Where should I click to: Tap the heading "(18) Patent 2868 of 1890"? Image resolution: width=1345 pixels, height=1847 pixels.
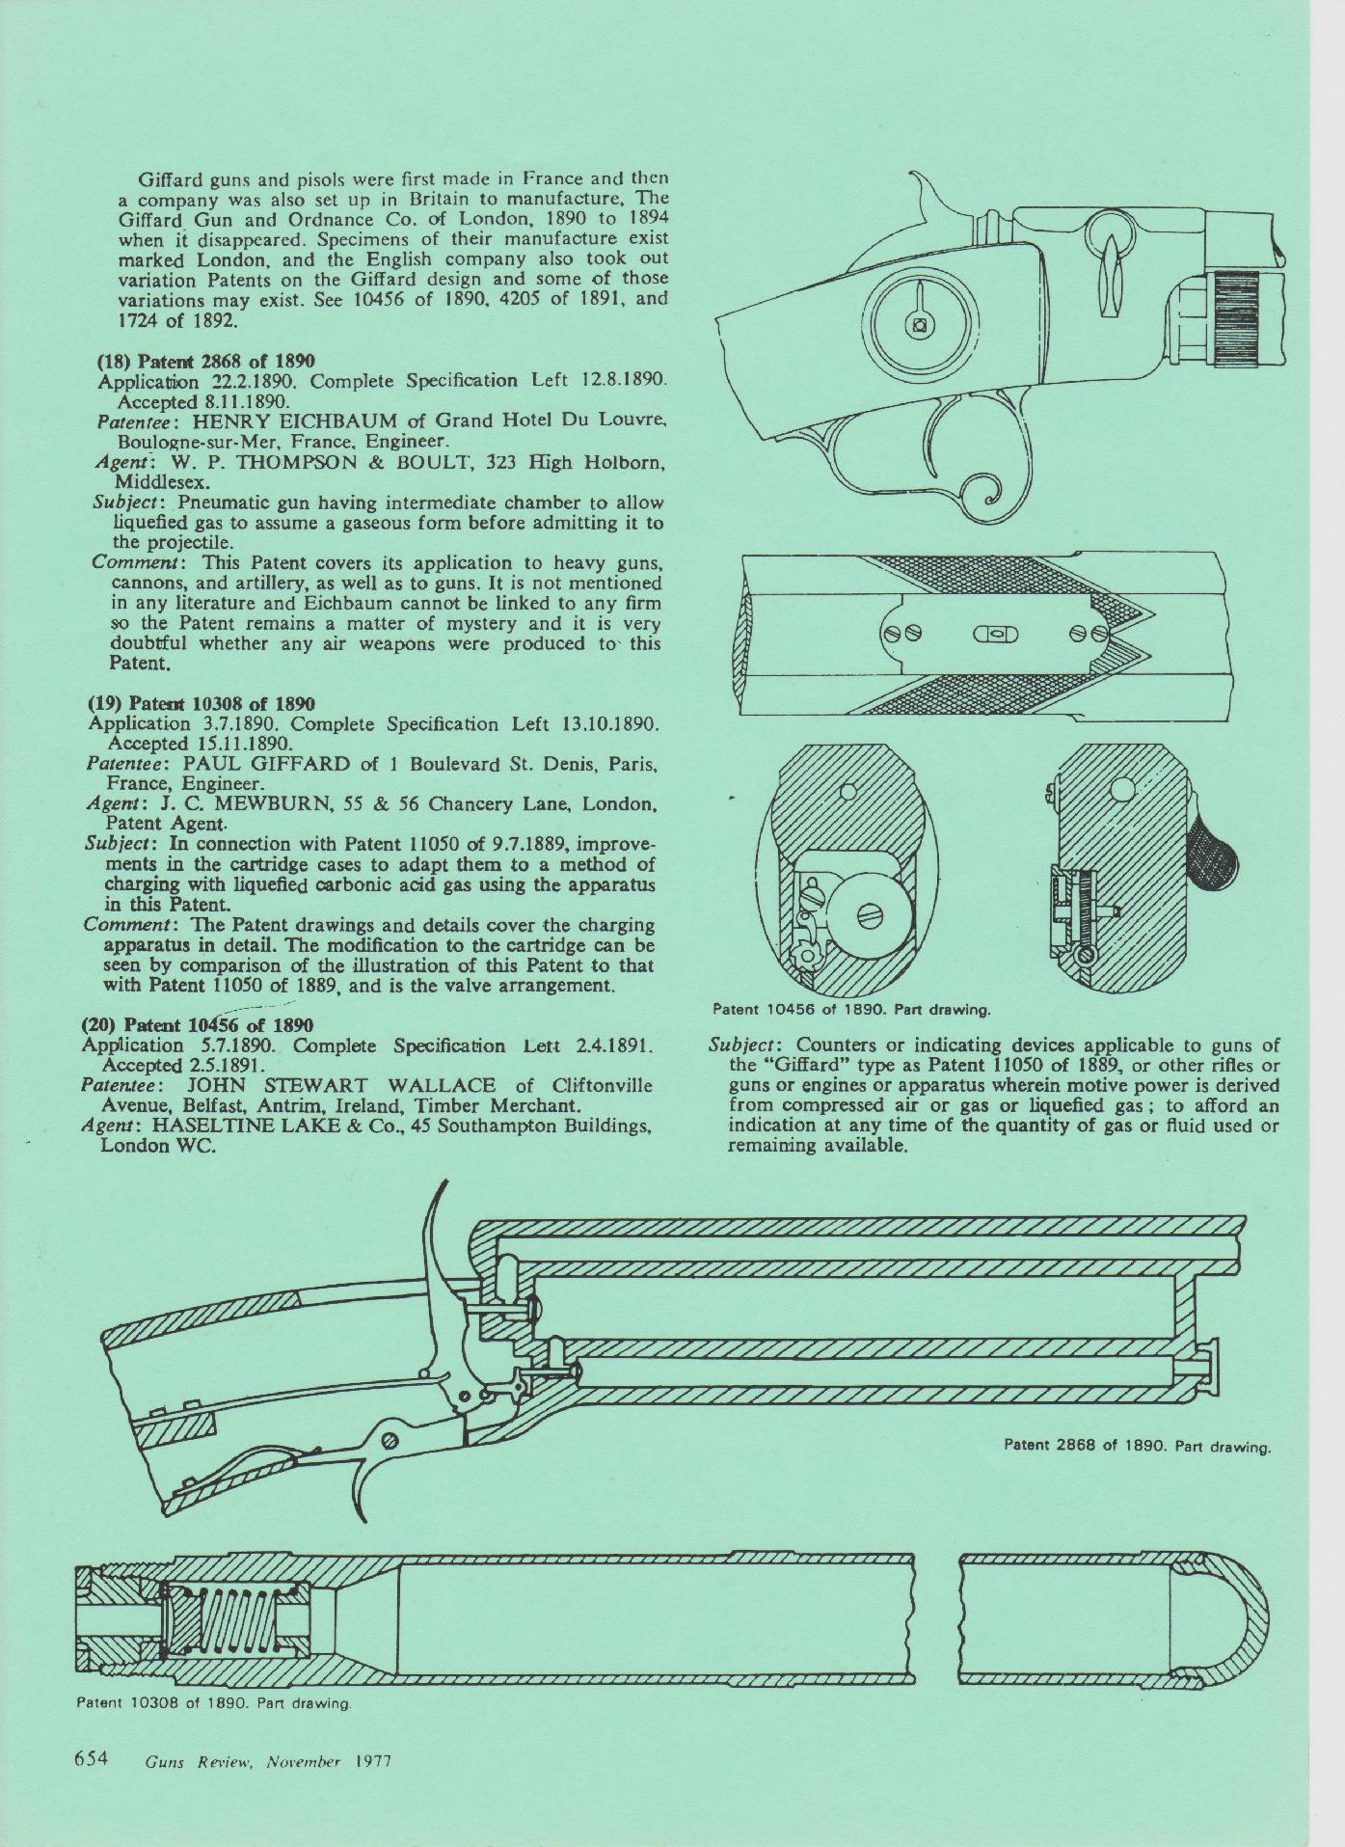206,361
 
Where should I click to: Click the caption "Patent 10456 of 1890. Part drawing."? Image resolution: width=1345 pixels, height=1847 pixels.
851,1011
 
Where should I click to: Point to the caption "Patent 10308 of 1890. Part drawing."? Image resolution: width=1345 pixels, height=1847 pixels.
212,1703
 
